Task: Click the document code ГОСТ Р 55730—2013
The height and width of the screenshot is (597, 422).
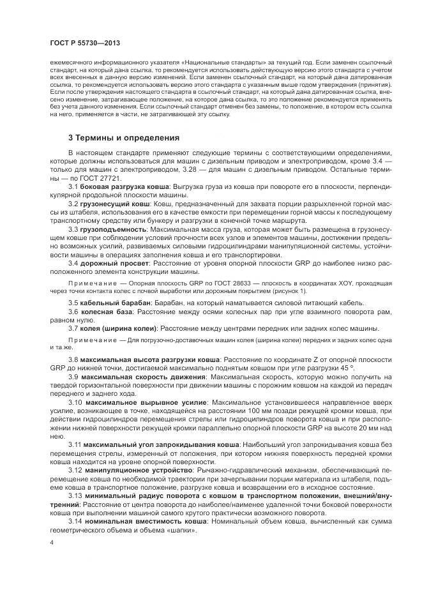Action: [84, 43]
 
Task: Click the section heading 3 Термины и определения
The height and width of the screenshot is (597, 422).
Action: [124, 138]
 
